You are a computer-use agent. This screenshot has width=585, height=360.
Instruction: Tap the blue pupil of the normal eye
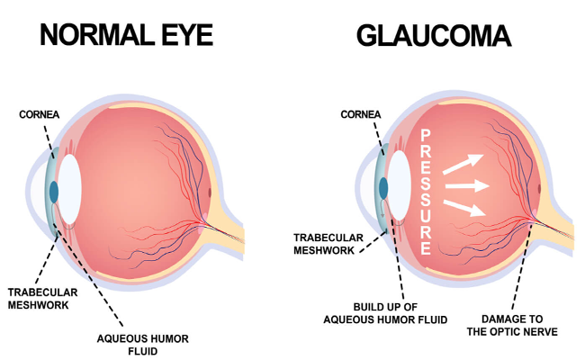[55, 191]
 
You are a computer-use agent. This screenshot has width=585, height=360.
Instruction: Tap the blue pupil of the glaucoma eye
[384, 188]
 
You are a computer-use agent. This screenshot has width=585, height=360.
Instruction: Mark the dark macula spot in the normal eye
[211, 193]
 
